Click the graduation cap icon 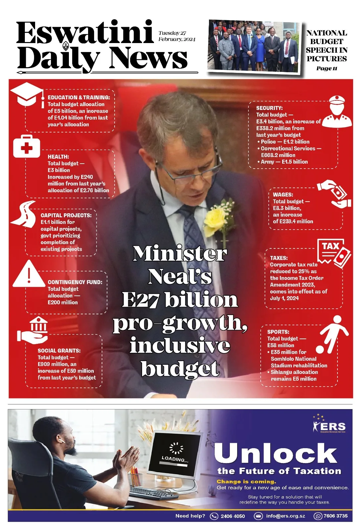pos(27,94)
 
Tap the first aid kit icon pos(26,146)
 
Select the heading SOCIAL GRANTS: pos(59,350)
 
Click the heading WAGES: pos(283,195)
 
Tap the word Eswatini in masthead pos(85,33)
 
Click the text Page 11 pos(327,69)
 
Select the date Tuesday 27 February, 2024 pos(177,36)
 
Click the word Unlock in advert pos(276,453)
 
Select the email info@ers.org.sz pos(285,516)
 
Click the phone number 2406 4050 pos(232,516)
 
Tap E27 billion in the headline pos(180,300)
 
